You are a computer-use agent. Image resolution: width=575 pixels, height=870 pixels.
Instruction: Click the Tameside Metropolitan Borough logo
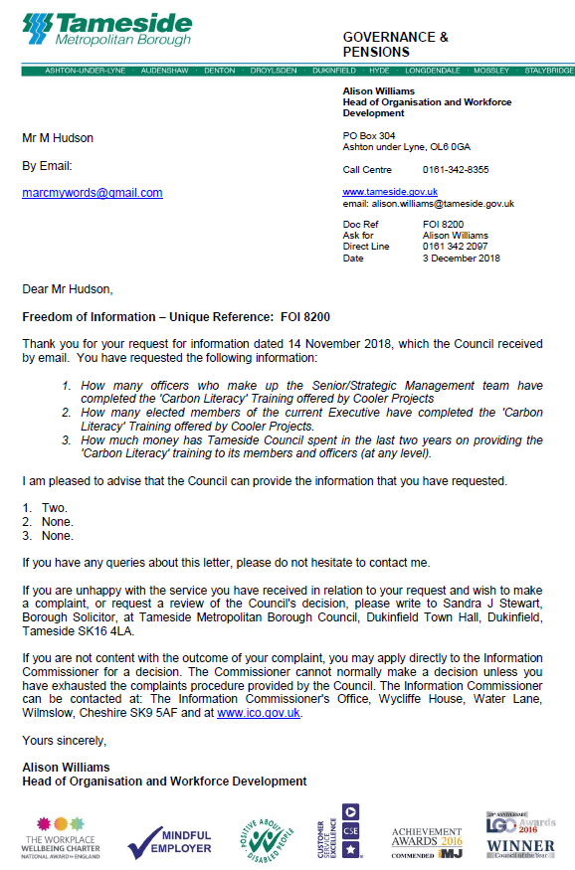pos(106,30)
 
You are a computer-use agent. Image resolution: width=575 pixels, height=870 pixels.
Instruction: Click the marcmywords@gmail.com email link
pos(93,193)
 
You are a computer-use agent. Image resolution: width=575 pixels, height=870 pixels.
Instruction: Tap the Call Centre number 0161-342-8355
pos(456,170)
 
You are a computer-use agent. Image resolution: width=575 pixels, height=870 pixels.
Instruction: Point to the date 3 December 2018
pos(462,259)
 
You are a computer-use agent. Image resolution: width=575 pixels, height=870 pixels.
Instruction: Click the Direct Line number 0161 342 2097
pos(456,247)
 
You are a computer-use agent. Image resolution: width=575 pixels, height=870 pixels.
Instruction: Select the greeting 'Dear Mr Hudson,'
pos(68,289)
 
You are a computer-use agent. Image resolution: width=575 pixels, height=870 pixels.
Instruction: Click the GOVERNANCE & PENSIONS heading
pos(395,44)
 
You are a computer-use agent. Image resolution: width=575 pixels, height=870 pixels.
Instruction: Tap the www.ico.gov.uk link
pos(259,713)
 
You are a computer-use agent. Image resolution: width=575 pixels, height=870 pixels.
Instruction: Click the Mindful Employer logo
pos(169,842)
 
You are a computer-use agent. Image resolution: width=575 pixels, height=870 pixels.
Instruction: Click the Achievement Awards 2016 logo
pos(426,841)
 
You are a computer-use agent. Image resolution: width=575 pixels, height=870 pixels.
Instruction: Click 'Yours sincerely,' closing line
pos(65,741)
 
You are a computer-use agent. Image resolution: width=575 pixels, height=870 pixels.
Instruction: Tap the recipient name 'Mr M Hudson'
pos(58,138)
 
